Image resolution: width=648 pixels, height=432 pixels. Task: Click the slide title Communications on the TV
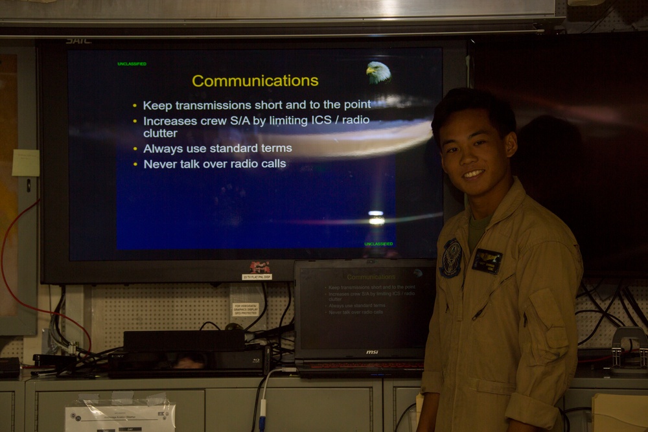click(x=255, y=81)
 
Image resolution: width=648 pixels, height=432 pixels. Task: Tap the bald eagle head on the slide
click(x=378, y=72)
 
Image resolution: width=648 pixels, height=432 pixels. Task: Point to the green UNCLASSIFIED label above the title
click(x=132, y=63)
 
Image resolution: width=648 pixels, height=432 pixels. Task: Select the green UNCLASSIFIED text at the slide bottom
click(x=378, y=244)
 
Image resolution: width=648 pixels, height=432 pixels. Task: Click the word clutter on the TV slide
click(x=160, y=133)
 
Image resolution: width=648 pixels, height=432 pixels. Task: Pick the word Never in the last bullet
click(x=157, y=164)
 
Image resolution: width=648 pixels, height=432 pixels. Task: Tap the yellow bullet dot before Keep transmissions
click(x=135, y=105)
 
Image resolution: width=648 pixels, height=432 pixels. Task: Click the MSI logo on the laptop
click(x=371, y=352)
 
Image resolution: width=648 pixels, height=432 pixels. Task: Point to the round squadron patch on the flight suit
click(x=451, y=258)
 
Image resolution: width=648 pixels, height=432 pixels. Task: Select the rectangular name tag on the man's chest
click(x=487, y=261)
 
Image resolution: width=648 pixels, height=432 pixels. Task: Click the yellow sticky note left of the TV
click(x=26, y=163)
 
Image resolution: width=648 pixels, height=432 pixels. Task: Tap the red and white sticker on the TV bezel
click(x=259, y=267)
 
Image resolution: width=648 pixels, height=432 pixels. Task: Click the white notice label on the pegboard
click(x=246, y=309)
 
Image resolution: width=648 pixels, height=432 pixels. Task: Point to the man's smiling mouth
click(x=473, y=174)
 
